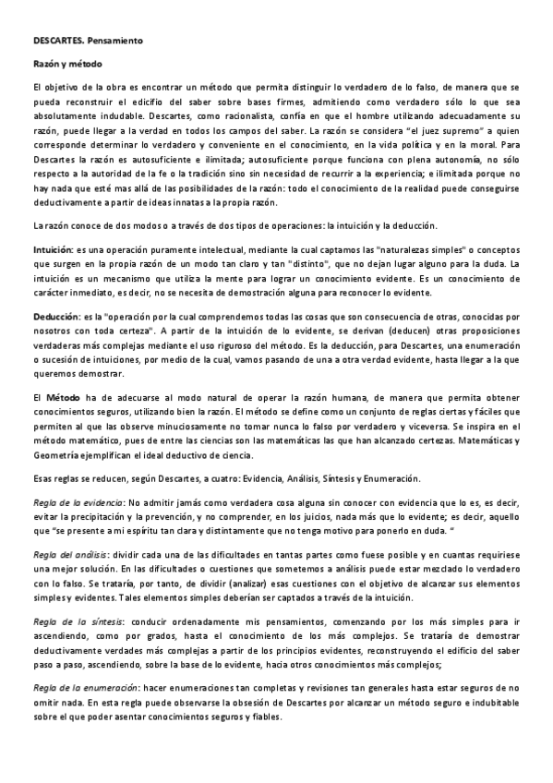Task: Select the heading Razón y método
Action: click(62, 64)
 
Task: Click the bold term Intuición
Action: click(43, 250)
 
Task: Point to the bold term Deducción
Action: click(46, 316)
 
